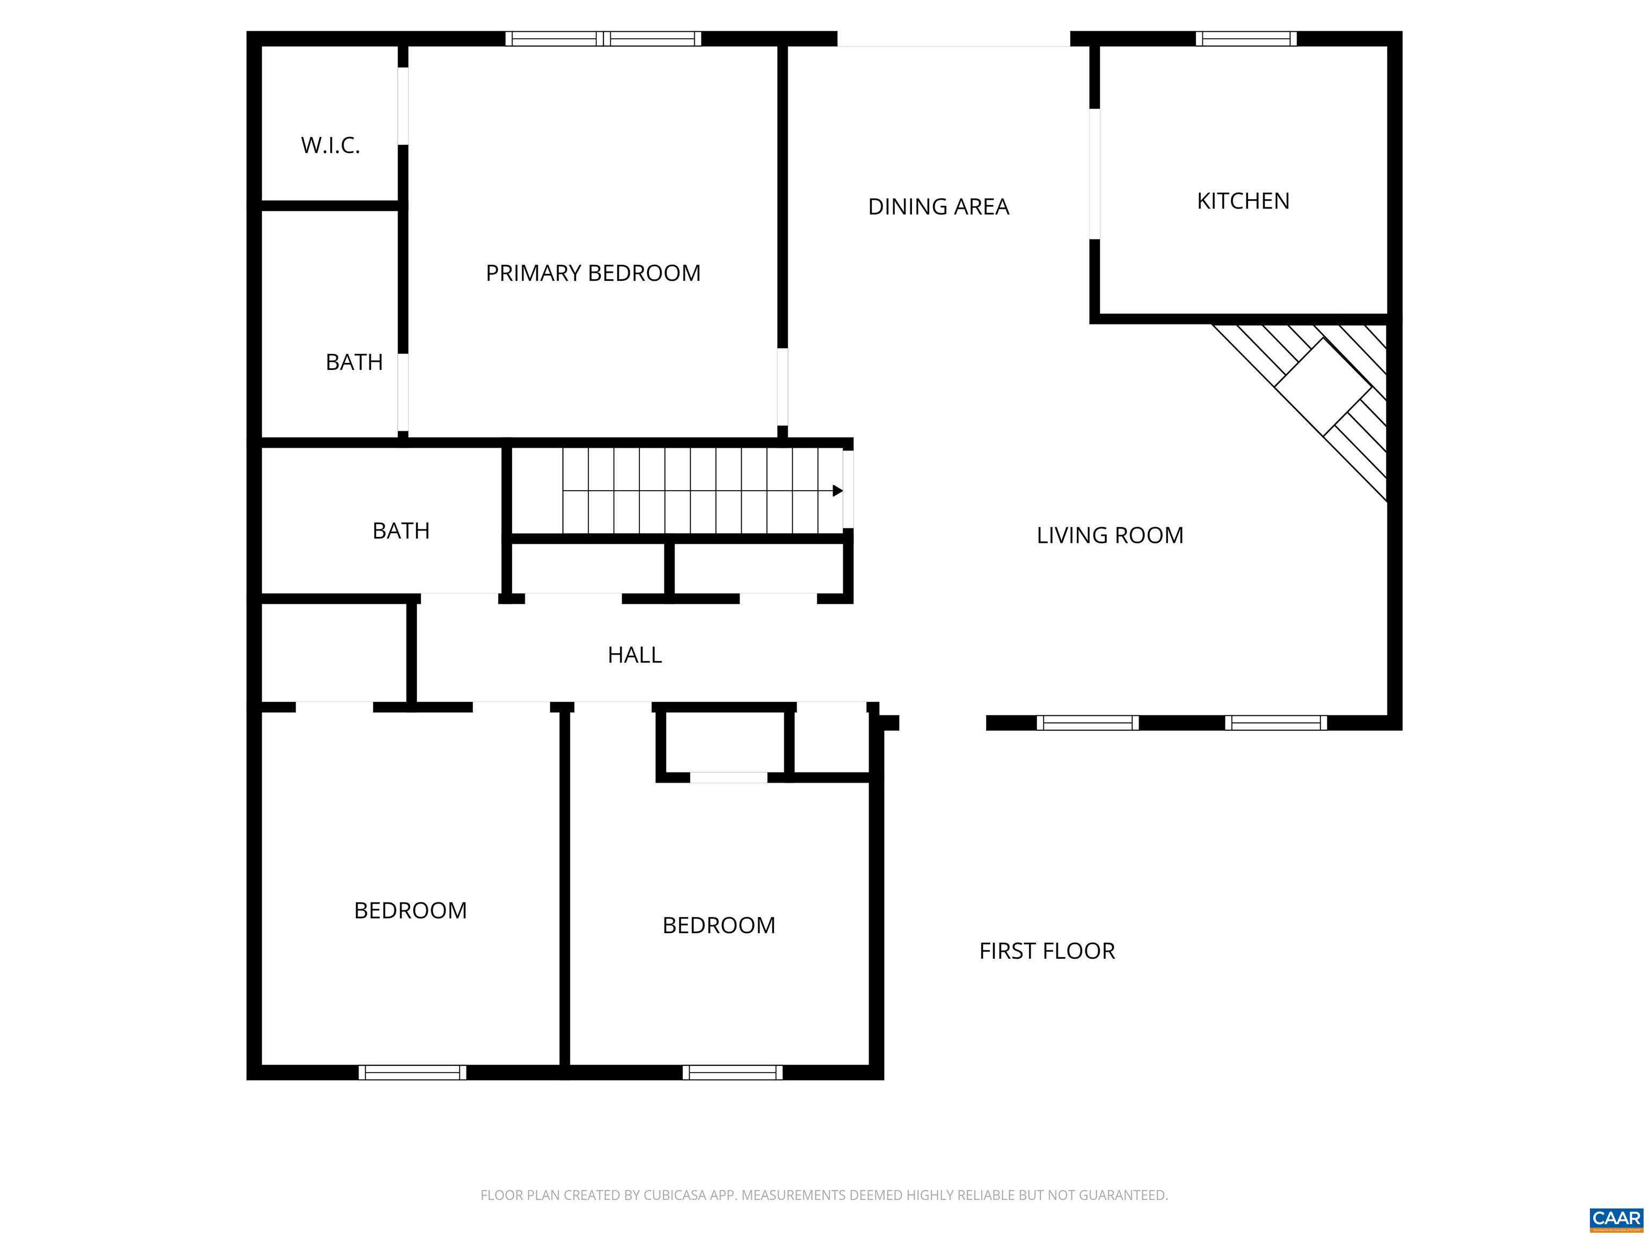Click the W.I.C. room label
[330, 145]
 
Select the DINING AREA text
[938, 207]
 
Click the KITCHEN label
[1243, 201]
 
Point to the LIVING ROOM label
[1110, 535]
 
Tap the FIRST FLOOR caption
[1047, 951]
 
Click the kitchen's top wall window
[1246, 39]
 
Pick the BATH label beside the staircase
[401, 531]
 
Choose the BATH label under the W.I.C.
[354, 362]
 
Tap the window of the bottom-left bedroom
[412, 1072]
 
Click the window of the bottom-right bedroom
[732, 1072]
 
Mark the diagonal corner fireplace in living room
[1323, 386]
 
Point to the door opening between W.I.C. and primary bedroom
[403, 106]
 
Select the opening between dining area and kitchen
[1095, 174]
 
